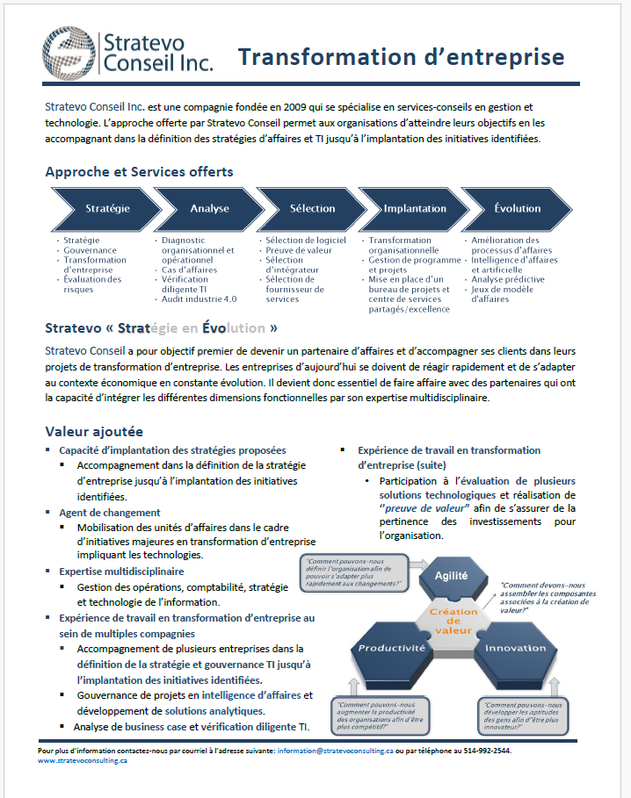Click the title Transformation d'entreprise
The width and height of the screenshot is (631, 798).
[x=401, y=57]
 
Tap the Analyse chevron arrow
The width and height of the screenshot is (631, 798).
[x=209, y=209]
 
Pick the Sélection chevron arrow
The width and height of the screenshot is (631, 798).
[x=312, y=209]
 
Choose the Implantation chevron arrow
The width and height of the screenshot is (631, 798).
[x=415, y=209]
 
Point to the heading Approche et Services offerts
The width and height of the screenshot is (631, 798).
[x=139, y=171]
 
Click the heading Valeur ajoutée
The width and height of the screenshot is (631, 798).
[x=94, y=431]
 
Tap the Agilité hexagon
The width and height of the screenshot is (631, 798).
[x=450, y=576]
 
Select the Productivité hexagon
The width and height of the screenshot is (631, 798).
[x=391, y=648]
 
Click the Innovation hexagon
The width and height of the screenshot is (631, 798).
[x=515, y=648]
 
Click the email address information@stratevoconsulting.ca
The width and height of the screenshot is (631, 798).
[x=334, y=751]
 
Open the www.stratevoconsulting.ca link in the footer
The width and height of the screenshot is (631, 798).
[x=83, y=761]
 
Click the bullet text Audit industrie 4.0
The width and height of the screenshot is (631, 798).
[x=193, y=299]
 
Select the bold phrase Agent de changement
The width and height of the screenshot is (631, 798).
[x=109, y=512]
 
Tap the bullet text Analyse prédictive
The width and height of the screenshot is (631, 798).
[x=508, y=279]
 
